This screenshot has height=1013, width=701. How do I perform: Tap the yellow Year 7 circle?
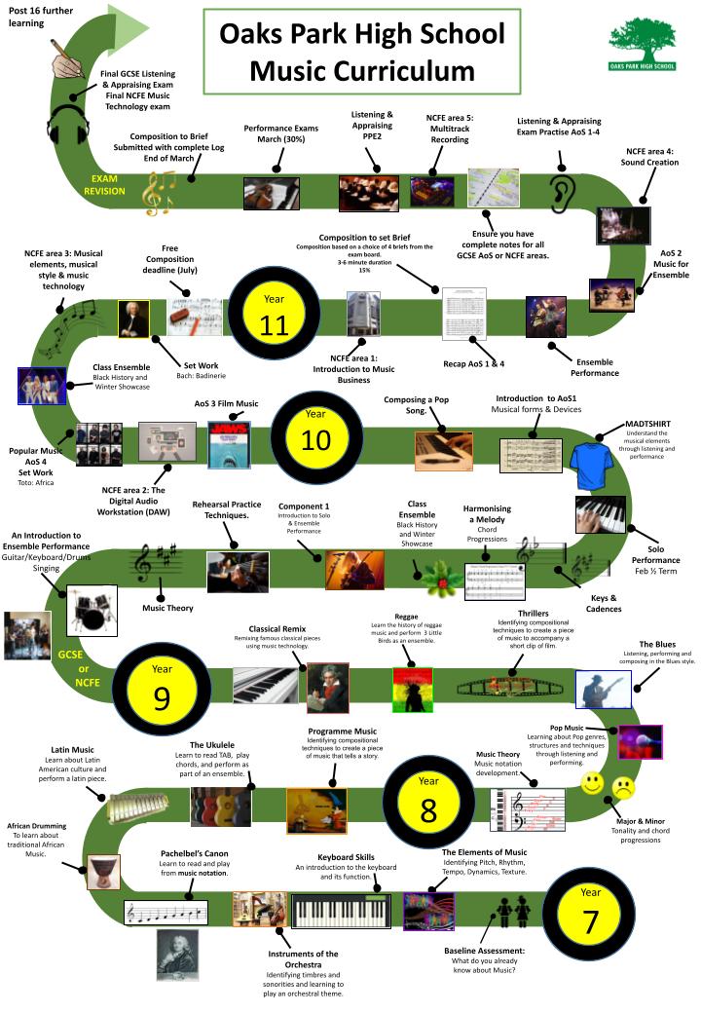590,910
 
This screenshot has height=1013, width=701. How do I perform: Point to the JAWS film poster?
230,444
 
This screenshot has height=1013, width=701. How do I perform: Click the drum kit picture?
92,609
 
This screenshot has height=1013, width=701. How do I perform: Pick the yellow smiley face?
592,784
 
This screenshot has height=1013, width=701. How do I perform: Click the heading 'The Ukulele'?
212,745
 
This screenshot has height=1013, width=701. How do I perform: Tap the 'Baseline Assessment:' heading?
485,950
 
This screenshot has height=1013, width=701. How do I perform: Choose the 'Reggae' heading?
406,616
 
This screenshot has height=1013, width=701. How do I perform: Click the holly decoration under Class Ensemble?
442,582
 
